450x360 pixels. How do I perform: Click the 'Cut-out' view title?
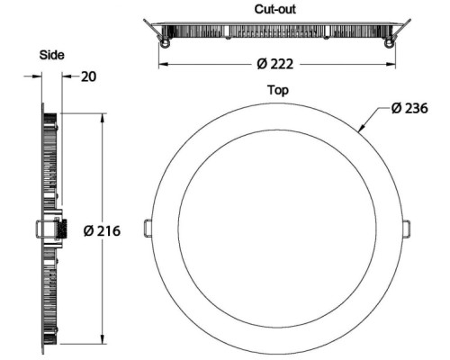(275, 9)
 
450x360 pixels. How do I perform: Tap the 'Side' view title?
(52, 55)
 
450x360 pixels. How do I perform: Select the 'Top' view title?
(278, 90)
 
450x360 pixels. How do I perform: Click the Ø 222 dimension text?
(275, 64)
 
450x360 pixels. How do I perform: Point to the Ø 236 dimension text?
(409, 108)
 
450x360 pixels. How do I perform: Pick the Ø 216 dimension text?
(102, 230)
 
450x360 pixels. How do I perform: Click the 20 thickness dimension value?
(89, 76)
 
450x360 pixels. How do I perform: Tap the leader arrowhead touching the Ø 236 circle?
(362, 128)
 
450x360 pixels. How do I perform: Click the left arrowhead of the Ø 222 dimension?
(163, 64)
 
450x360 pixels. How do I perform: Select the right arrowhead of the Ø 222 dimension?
(391, 64)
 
